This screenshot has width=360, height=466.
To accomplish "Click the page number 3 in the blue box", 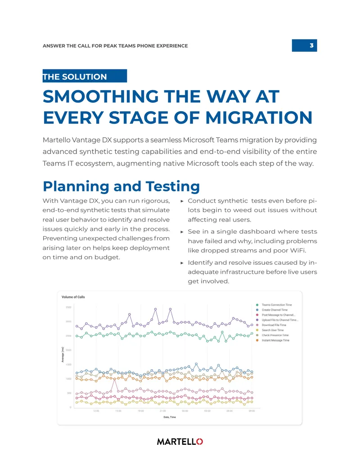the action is [311, 45].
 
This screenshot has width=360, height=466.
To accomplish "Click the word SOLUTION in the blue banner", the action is [84, 77].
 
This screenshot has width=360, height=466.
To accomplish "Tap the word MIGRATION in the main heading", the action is [259, 118].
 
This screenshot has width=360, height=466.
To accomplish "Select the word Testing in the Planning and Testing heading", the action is [172, 187].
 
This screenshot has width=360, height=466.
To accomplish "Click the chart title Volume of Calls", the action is [73, 297].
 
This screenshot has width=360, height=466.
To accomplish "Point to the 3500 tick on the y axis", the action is [68, 308].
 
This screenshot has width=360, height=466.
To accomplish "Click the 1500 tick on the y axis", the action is [68, 364].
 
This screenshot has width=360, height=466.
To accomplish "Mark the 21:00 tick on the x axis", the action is [163, 411].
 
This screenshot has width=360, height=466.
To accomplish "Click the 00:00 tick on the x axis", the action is [185, 411].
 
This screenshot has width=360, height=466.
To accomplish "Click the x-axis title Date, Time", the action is [170, 417].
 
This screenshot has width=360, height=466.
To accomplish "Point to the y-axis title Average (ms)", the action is [63, 354].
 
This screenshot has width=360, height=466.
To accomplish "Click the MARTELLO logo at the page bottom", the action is [180, 442].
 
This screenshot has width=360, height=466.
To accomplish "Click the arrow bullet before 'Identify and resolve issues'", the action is [182, 263].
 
